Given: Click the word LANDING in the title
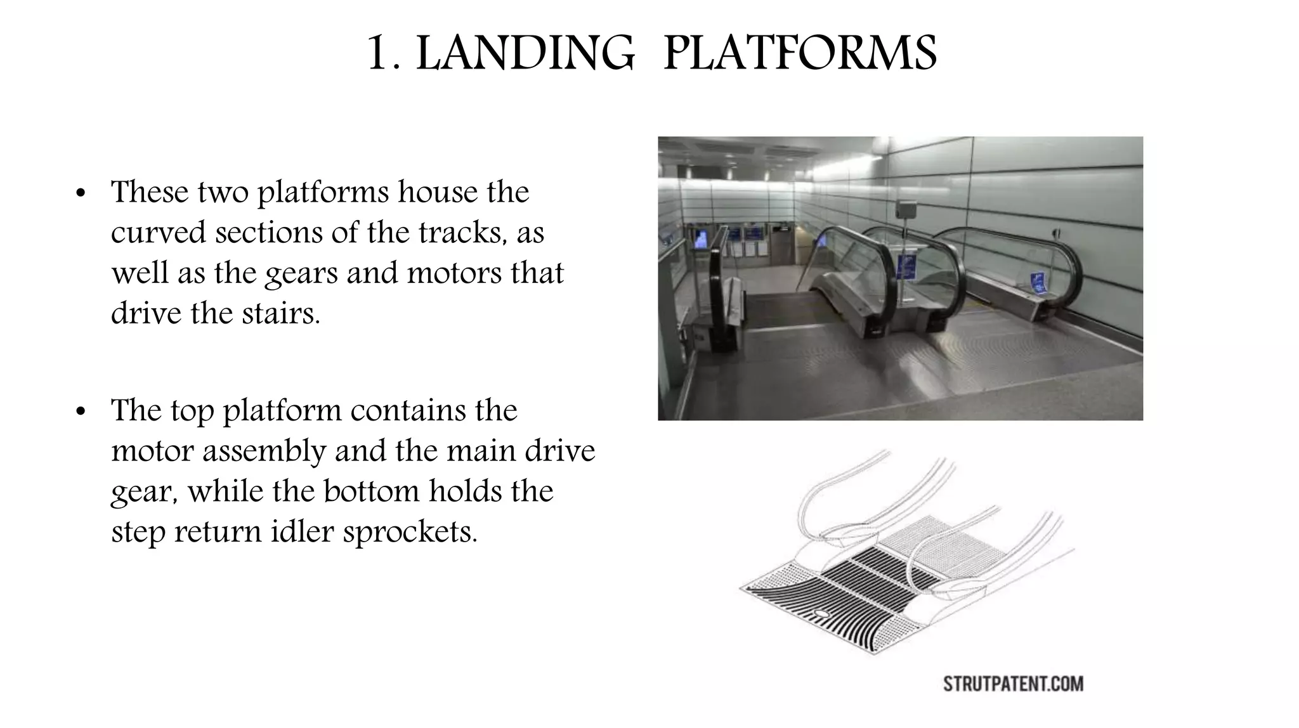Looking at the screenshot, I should click(x=525, y=53).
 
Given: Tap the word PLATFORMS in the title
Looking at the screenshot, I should click(x=800, y=53).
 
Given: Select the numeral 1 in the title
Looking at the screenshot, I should click(x=378, y=53).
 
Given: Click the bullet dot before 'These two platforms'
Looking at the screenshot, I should click(x=80, y=193).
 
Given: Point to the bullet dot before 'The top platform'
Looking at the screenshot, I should click(x=80, y=412).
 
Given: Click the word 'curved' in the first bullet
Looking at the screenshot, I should click(x=159, y=233).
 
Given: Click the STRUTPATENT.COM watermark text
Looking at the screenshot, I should click(x=1013, y=684).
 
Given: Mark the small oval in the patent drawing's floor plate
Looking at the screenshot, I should click(x=822, y=613).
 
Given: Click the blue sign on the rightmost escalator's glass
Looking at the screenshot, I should click(x=1038, y=282).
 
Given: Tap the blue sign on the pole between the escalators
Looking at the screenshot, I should click(x=906, y=266).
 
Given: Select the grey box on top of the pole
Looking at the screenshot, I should click(x=906, y=210).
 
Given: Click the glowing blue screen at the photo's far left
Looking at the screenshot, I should click(x=700, y=240).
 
